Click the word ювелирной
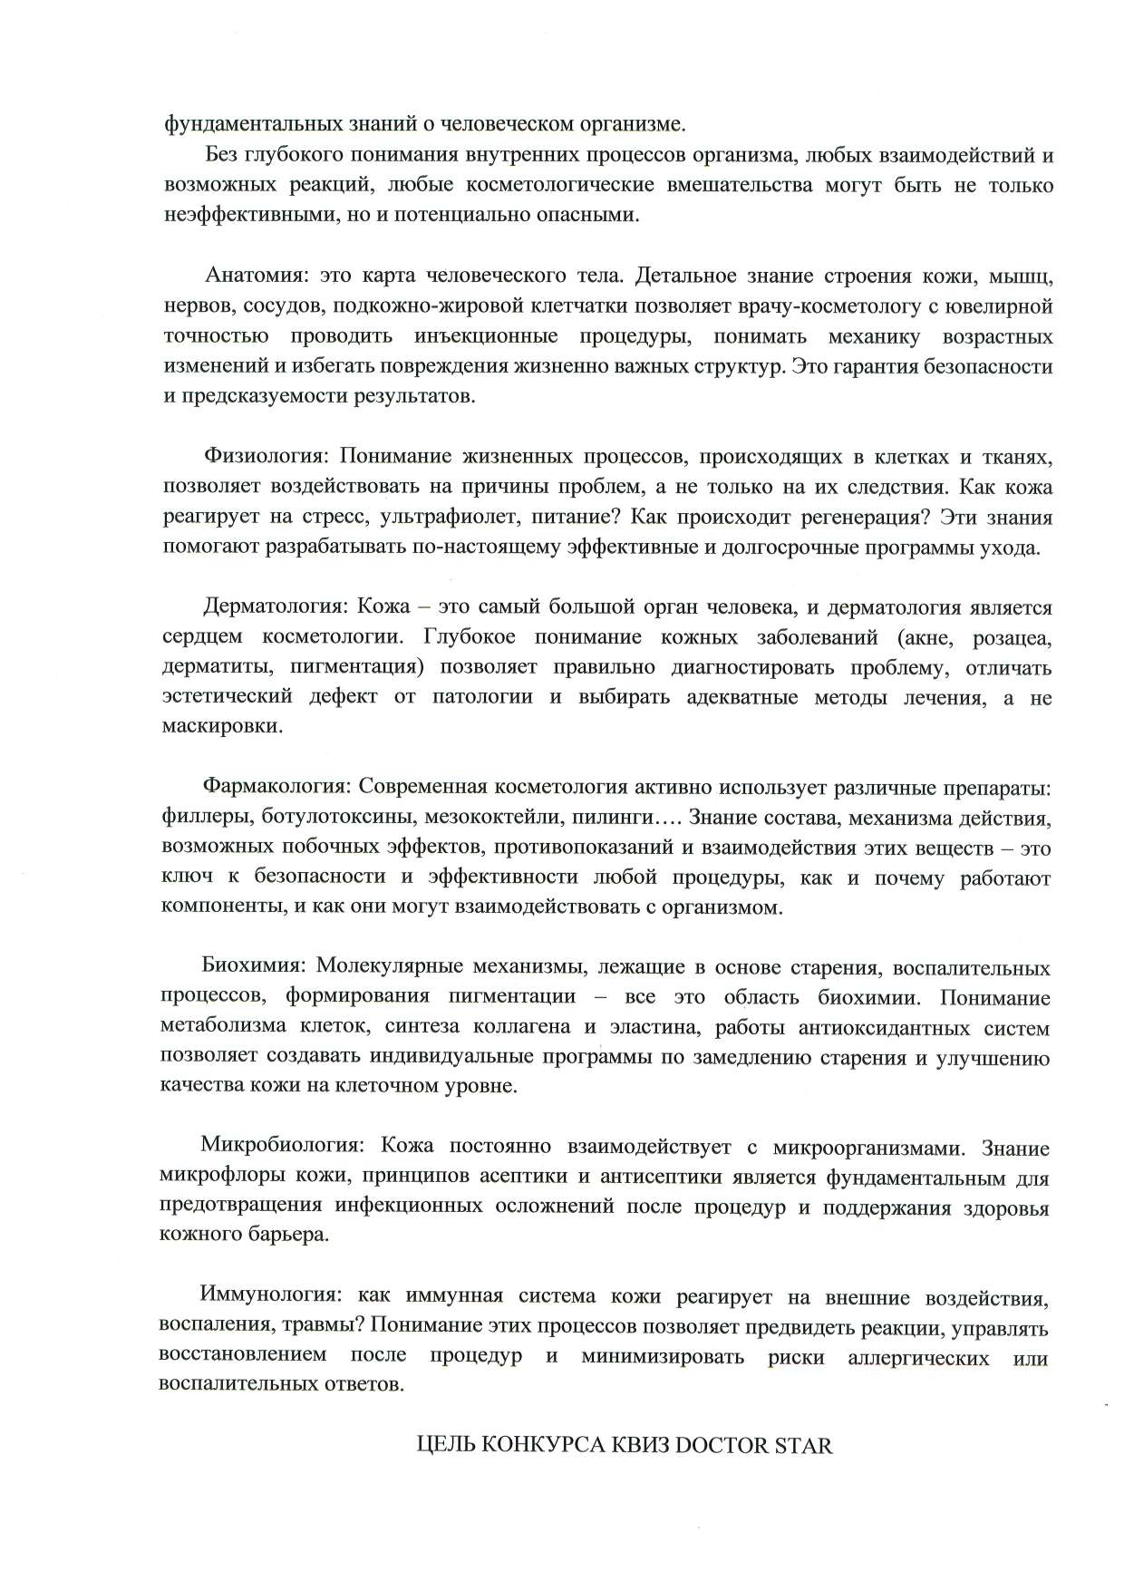[x=1000, y=306]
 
